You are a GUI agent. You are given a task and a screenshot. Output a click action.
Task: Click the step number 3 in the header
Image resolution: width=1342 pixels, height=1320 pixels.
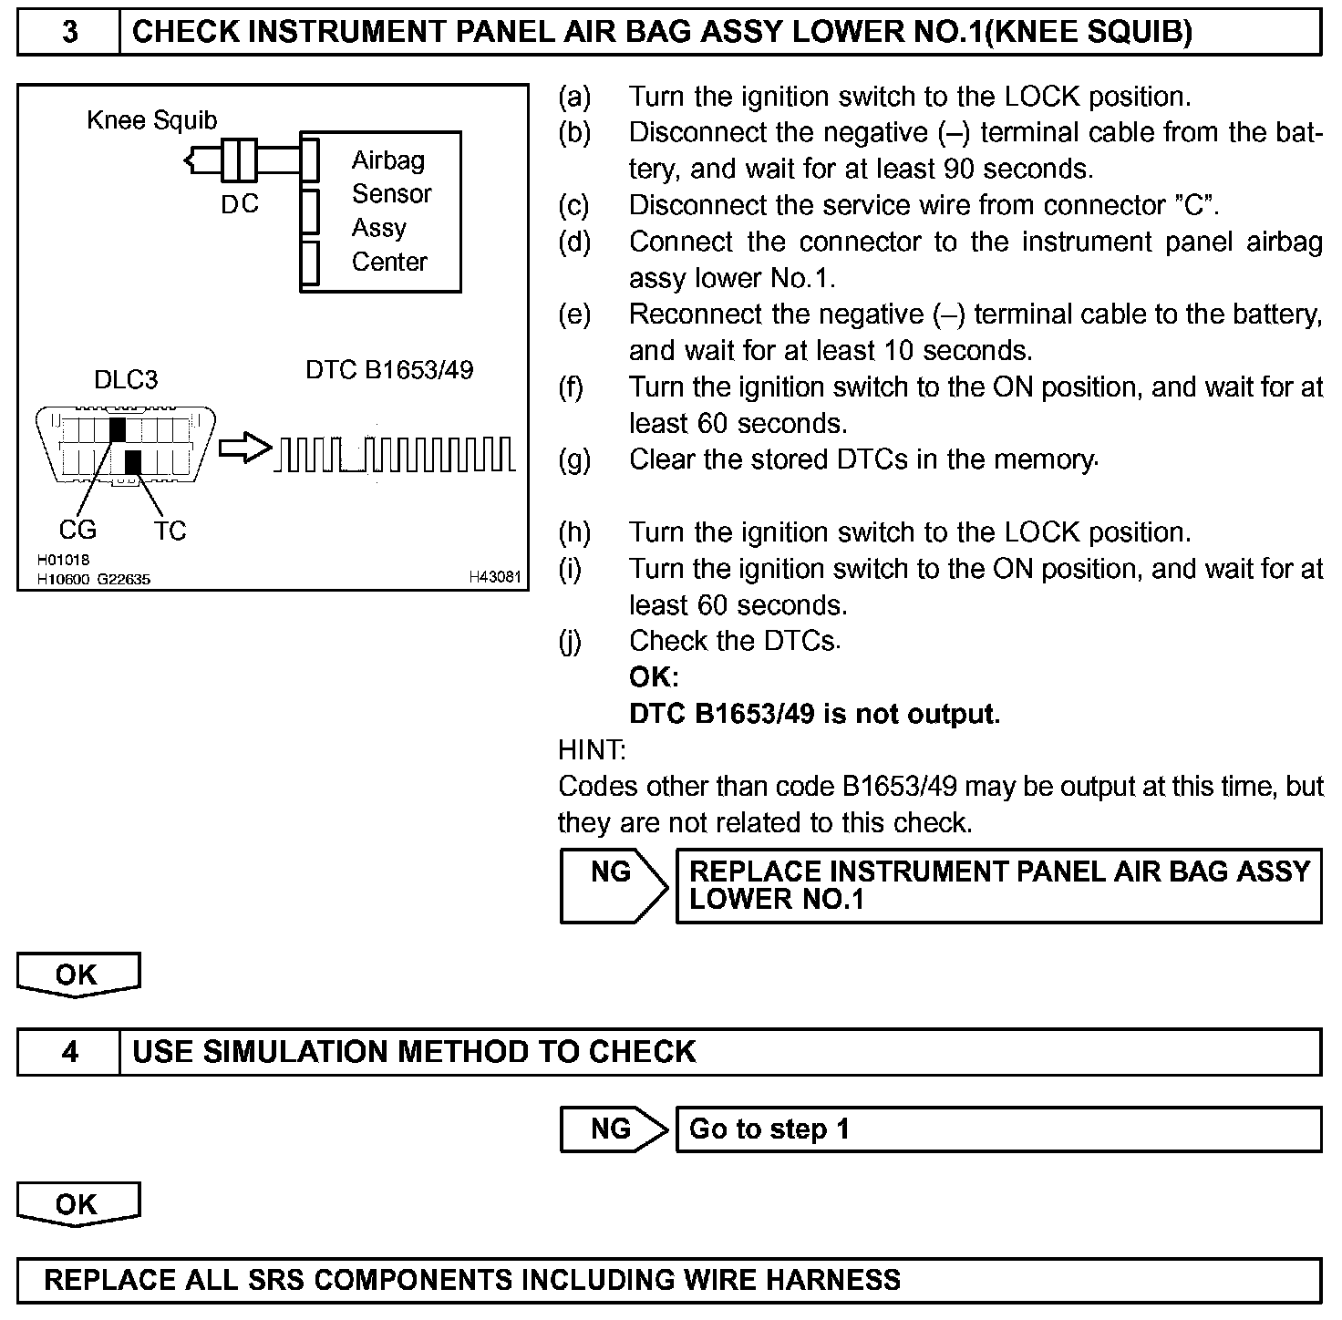pyautogui.click(x=69, y=32)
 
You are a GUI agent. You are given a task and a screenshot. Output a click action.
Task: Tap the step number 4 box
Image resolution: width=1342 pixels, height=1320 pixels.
pyautogui.click(x=69, y=1052)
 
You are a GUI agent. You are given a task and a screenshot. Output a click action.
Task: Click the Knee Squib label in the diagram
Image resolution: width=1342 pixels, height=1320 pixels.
pyautogui.click(x=152, y=120)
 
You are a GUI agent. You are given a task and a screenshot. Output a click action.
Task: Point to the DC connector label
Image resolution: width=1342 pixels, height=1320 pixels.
pyautogui.click(x=240, y=204)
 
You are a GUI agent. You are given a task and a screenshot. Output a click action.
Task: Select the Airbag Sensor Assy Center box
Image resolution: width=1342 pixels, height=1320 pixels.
pyautogui.click(x=381, y=211)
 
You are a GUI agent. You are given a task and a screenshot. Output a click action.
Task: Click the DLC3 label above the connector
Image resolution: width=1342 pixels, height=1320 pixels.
pyautogui.click(x=126, y=380)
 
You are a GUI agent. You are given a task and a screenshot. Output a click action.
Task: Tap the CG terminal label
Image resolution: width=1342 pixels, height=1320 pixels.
pyautogui.click(x=77, y=530)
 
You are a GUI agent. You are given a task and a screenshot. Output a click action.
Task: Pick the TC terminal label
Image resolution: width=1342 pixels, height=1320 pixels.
pyautogui.click(x=170, y=531)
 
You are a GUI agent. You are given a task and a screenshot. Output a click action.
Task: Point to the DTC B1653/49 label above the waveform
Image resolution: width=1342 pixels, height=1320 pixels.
pyautogui.click(x=389, y=370)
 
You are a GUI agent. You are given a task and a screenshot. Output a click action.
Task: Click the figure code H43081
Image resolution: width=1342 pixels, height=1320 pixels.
pyautogui.click(x=495, y=577)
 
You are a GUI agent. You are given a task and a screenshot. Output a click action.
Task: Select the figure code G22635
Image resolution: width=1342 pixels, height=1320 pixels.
pyautogui.click(x=124, y=579)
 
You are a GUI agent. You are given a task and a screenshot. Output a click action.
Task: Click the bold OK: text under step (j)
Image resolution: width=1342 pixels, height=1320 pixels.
pyautogui.click(x=654, y=677)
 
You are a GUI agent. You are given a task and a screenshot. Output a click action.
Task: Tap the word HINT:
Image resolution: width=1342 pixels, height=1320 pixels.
pyautogui.click(x=592, y=750)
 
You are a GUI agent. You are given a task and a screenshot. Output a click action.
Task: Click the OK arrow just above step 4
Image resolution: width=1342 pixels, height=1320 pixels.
pyautogui.click(x=77, y=975)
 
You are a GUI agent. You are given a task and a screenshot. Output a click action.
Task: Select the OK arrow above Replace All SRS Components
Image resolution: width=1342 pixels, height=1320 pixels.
pyautogui.click(x=77, y=1204)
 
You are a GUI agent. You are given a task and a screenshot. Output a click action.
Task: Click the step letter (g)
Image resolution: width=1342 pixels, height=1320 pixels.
pyautogui.click(x=574, y=460)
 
